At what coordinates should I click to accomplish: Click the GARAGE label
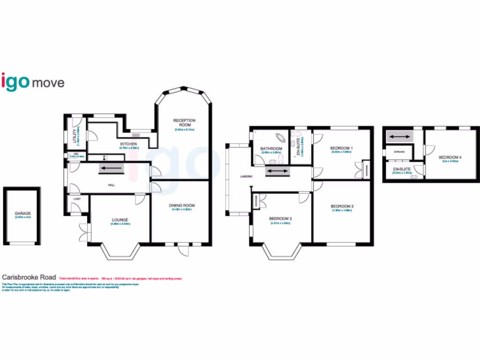(22, 213)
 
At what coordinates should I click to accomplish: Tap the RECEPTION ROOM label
(184, 122)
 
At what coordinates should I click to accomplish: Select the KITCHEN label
(128, 144)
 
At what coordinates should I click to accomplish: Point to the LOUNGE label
(120, 219)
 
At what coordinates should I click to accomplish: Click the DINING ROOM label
(182, 205)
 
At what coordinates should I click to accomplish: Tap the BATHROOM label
(271, 149)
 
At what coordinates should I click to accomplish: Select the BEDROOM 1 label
(342, 148)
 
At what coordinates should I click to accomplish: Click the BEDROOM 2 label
(342, 206)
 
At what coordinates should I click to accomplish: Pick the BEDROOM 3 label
(280, 219)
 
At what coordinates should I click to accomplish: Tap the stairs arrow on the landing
(277, 171)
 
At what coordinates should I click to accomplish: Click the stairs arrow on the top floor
(399, 137)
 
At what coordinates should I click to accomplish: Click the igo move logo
(33, 82)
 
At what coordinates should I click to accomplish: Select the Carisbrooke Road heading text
(30, 277)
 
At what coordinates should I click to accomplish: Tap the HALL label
(112, 185)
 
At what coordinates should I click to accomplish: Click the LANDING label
(246, 176)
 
